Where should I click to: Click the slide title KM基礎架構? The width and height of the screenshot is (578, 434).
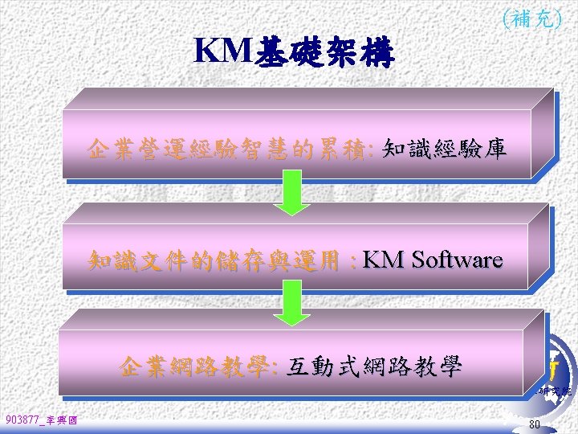(x=294, y=52)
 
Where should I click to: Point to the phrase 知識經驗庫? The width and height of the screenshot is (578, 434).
(x=444, y=149)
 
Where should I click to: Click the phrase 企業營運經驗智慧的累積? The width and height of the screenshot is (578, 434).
(x=227, y=149)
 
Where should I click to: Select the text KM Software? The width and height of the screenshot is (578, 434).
(x=432, y=260)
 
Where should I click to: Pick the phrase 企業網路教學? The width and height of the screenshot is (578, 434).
(x=196, y=367)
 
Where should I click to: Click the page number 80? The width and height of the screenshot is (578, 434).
(x=535, y=424)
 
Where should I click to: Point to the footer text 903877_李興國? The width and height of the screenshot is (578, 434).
(x=41, y=420)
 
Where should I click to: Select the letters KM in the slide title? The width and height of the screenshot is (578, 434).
(x=222, y=51)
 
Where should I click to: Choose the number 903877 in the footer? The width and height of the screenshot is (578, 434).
(x=21, y=420)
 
